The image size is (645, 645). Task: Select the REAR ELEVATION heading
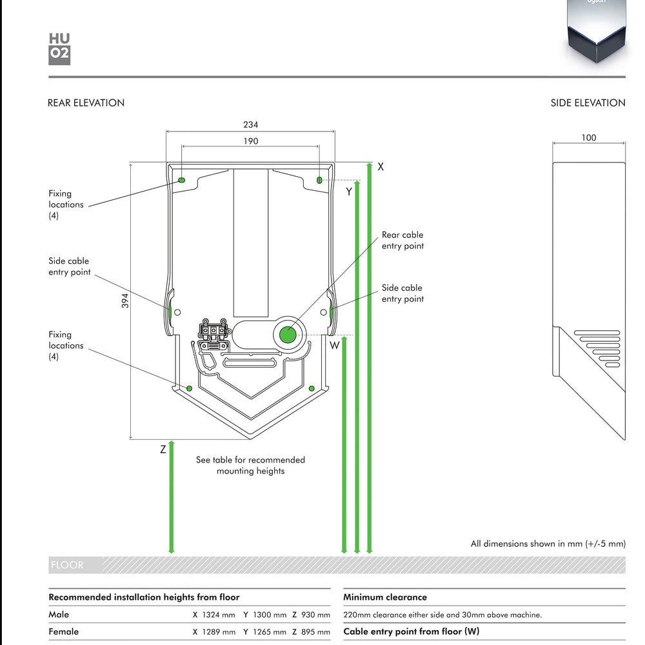(x=86, y=103)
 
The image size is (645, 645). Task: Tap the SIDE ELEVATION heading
(x=588, y=103)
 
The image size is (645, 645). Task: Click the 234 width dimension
(x=250, y=125)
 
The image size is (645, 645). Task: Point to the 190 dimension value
(x=250, y=141)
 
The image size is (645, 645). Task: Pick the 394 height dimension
(x=126, y=301)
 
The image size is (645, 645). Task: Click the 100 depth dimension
(x=588, y=137)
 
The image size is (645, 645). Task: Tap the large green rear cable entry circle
(x=287, y=335)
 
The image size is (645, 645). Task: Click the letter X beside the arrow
(x=381, y=166)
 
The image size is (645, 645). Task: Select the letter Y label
(x=349, y=192)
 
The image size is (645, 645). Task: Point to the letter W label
(x=335, y=346)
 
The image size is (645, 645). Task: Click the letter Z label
(x=163, y=450)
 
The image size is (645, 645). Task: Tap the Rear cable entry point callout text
(x=402, y=241)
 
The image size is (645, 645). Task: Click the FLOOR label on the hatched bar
(x=67, y=565)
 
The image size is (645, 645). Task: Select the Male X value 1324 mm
(x=213, y=615)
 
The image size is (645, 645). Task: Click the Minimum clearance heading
(x=385, y=597)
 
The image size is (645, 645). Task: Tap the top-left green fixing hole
(x=181, y=180)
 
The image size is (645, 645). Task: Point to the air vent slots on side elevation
(x=597, y=349)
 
